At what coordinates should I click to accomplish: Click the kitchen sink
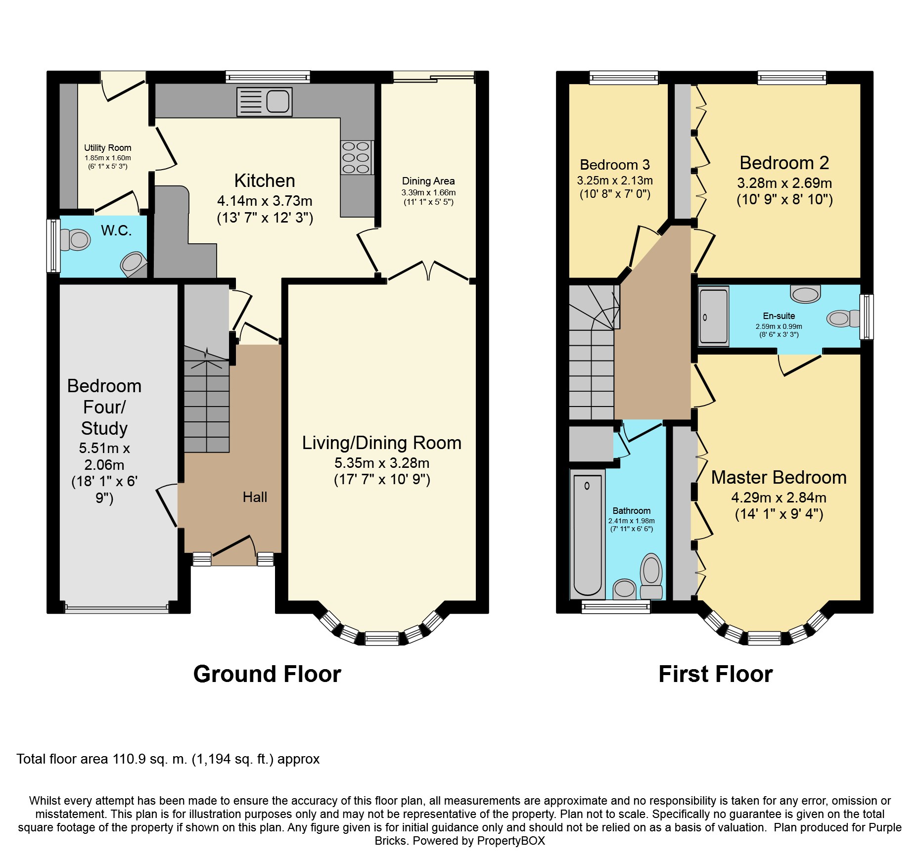tap(264, 102)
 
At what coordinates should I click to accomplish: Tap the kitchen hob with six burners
tap(356, 158)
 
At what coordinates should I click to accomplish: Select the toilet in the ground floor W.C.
tap(75, 240)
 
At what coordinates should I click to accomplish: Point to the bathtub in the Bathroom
tap(588, 534)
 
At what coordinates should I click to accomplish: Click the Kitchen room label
tap(265, 181)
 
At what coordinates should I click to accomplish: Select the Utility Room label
tap(108, 147)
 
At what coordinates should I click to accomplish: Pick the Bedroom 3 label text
tap(615, 165)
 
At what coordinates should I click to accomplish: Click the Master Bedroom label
tap(779, 477)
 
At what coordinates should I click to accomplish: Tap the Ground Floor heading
tap(267, 674)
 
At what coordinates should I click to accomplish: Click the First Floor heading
tap(716, 674)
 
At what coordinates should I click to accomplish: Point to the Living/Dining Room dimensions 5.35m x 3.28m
tap(382, 463)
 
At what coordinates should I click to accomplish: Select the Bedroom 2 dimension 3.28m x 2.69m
tap(784, 183)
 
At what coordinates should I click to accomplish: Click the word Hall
tap(255, 497)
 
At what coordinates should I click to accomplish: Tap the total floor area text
tap(168, 759)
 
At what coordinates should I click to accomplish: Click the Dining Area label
tap(428, 181)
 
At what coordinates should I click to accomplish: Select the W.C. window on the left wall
tap(53, 246)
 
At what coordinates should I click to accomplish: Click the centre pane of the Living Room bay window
tap(382, 638)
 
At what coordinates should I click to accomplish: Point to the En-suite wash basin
tap(806, 294)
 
